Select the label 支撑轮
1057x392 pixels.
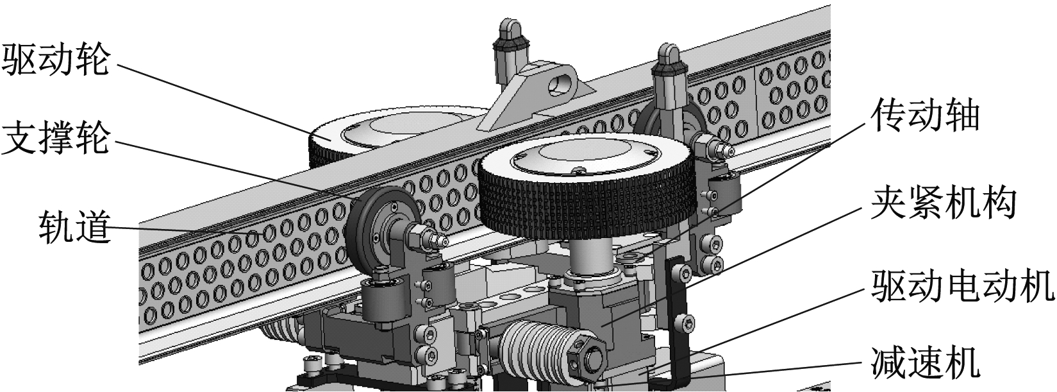coord(56,137)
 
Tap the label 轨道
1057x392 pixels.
coord(74,226)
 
